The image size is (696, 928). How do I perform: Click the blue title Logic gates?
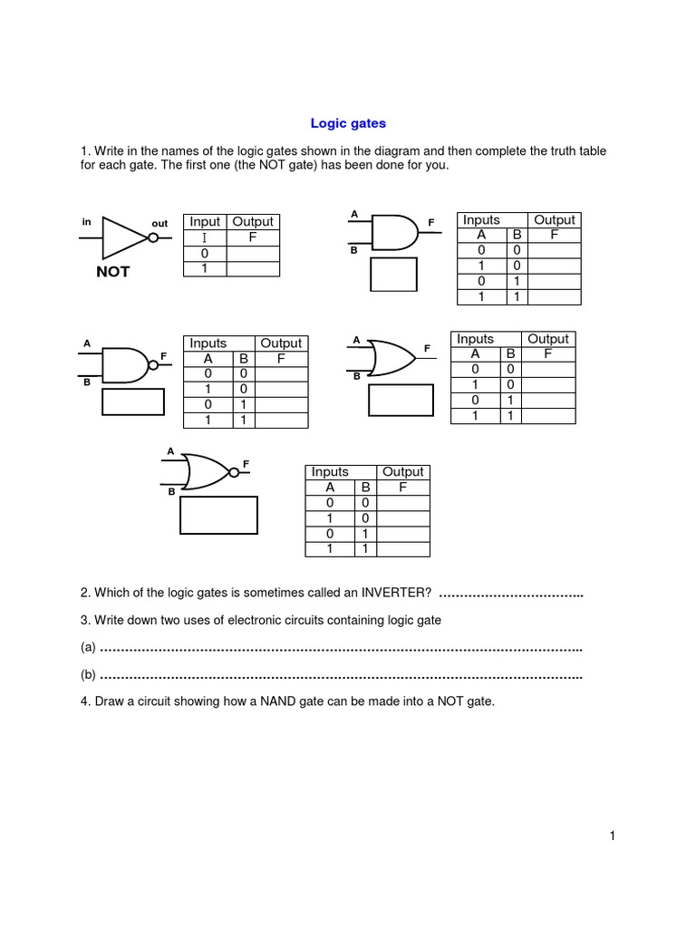click(348, 122)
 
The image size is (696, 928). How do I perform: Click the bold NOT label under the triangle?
click(113, 271)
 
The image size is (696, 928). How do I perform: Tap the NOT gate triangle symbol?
click(125, 237)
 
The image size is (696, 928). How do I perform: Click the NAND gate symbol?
click(125, 363)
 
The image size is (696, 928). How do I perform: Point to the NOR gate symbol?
click(207, 471)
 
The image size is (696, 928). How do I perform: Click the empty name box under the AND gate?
click(393, 275)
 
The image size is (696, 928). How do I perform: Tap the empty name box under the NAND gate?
click(132, 401)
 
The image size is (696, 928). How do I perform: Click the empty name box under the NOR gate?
click(218, 515)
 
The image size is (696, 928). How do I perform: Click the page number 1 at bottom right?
click(613, 836)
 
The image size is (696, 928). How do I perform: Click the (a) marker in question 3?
click(88, 648)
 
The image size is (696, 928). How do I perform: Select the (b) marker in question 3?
click(88, 675)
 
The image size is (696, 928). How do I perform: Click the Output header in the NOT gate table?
click(253, 222)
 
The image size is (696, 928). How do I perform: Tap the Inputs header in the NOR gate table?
click(330, 471)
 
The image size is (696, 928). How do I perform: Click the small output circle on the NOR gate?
click(235, 471)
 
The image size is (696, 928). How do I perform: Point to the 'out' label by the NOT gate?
click(159, 223)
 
